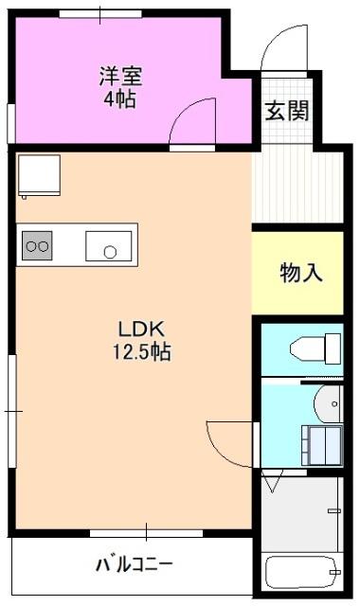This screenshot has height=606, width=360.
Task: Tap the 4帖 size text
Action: (x=118, y=98)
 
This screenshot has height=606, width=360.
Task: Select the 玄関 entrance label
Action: (x=286, y=111)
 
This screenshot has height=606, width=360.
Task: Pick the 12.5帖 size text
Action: (x=142, y=352)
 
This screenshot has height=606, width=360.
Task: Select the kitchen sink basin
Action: (x=108, y=246)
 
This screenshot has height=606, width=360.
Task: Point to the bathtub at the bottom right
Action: (x=302, y=572)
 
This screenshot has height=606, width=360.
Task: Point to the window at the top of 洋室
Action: (x=99, y=13)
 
